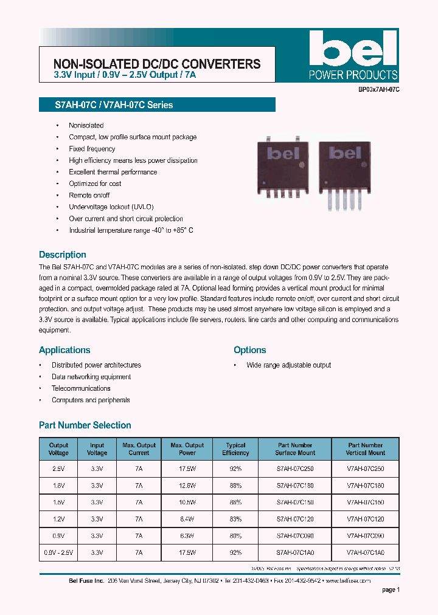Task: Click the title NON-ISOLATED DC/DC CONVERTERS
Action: (157, 64)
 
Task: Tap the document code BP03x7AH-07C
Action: (378, 89)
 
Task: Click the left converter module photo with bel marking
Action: (281, 169)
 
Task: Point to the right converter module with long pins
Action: (344, 173)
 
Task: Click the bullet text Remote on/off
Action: (89, 195)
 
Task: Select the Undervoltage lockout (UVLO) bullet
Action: (111, 207)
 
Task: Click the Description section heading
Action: (63, 255)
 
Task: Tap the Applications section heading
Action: (64, 350)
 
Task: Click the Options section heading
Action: (249, 350)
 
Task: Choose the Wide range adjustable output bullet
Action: (288, 365)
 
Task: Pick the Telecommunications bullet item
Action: (81, 388)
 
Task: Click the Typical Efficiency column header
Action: (235, 449)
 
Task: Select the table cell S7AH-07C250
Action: (295, 469)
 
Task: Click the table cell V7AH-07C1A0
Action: (365, 552)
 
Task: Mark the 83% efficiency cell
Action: (235, 519)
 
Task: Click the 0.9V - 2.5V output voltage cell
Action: (58, 552)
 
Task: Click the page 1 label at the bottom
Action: (391, 589)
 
